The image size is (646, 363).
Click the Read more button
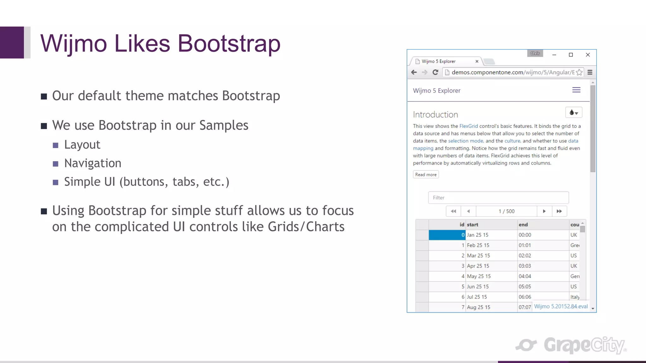426,175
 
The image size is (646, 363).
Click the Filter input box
498,198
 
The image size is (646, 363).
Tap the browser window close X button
588,55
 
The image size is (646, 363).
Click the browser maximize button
571,55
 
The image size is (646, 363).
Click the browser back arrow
414,72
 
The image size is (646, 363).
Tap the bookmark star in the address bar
579,72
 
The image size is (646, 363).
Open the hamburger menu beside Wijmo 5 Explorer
576,90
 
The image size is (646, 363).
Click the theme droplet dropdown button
573,112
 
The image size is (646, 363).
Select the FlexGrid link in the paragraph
468,126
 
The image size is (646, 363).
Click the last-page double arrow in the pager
559,211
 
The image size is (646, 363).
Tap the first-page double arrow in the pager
453,211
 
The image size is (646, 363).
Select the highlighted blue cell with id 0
447,235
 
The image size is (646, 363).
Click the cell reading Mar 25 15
479,256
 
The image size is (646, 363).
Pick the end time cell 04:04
525,276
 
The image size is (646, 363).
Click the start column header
473,225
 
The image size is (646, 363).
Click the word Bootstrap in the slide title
229,43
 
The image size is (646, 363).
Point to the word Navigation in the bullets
93,163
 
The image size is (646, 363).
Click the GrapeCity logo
571,345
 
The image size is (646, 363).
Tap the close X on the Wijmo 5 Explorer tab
477,61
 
